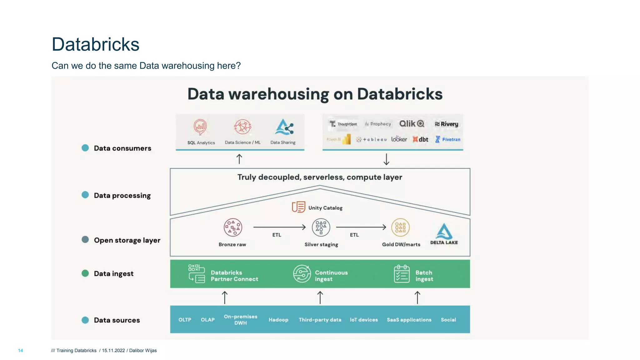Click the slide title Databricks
coord(95,44)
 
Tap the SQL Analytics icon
coord(200,127)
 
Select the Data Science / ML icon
coord(243,127)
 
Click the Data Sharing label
coord(283,142)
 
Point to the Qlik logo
coord(412,124)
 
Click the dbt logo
coord(420,139)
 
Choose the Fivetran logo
coord(447,139)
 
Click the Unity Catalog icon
coord(298,207)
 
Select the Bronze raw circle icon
coord(233,227)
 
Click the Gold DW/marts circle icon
coord(400,227)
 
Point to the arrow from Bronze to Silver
coord(279,227)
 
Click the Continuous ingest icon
coord(302,274)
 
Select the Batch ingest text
coord(424,276)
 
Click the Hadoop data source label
coord(278,320)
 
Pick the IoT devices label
coord(364,320)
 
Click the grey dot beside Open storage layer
coord(85,240)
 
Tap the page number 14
coord(21,351)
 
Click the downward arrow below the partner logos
coord(387,159)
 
